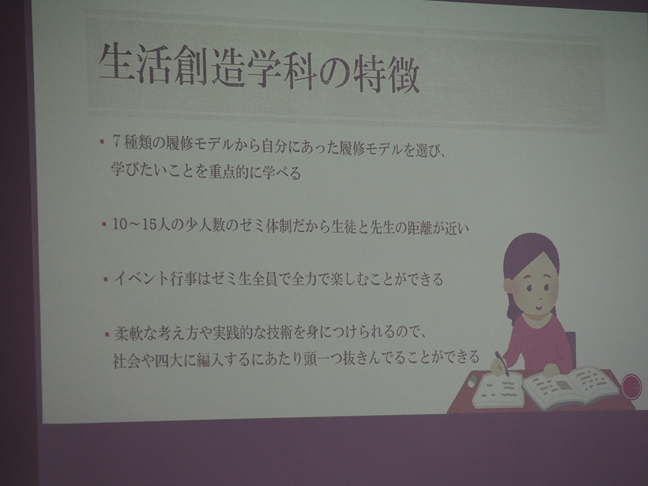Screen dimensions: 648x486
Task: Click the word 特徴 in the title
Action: pos(387,75)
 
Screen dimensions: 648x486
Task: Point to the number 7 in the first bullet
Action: pos(117,143)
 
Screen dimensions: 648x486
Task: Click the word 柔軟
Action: pos(129,333)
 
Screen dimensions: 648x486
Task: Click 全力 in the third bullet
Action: pos(307,280)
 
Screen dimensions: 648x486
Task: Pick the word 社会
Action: pos(127,360)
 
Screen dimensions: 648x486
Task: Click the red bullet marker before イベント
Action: pos(106,279)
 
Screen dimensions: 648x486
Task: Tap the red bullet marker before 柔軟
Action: pos(107,334)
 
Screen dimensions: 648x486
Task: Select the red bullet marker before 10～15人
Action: pos(104,226)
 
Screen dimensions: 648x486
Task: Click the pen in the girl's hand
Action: pos(502,364)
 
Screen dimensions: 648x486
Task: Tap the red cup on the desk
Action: pos(631,386)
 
